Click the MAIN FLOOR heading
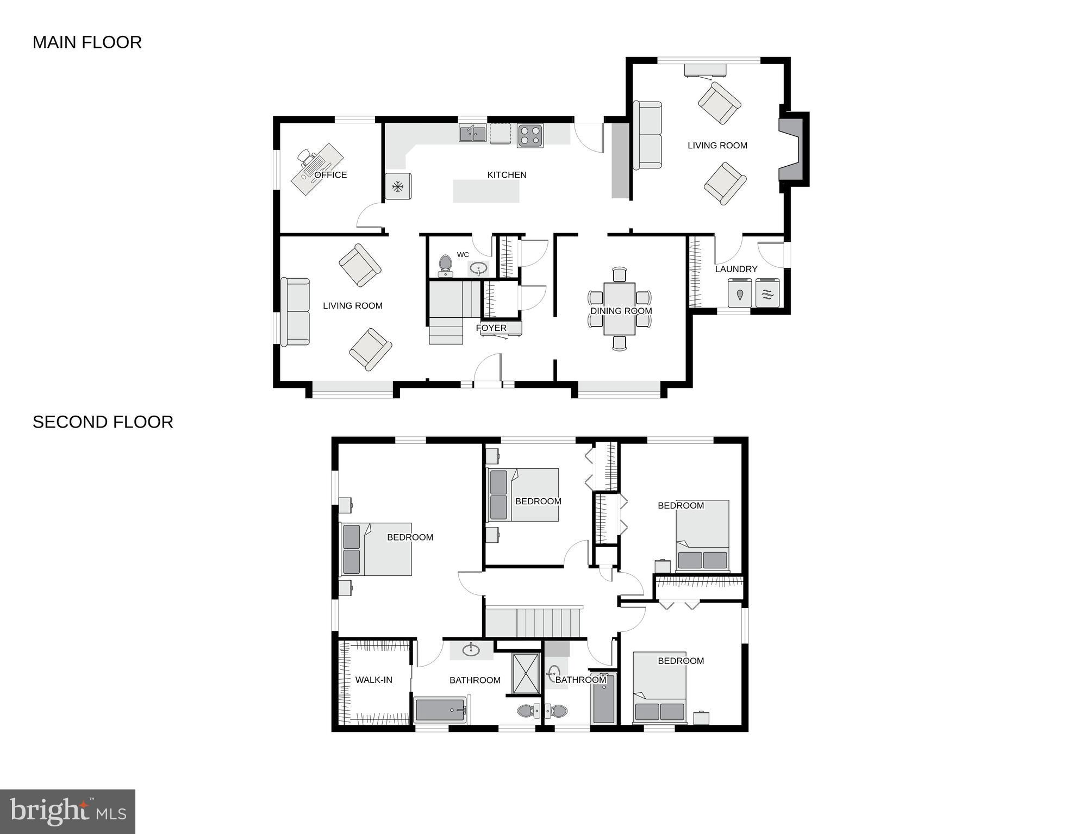pyautogui.click(x=87, y=42)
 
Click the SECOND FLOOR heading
pyautogui.click(x=103, y=422)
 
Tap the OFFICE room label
pyautogui.click(x=330, y=175)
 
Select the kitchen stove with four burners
pyautogui.click(x=530, y=136)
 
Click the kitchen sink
pyautogui.click(x=472, y=133)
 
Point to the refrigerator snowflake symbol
pyautogui.click(x=398, y=187)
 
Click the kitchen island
pyautogui.click(x=486, y=191)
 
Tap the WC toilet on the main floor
pyautogui.click(x=446, y=265)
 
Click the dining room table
pyautogui.click(x=619, y=308)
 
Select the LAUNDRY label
pyautogui.click(x=736, y=269)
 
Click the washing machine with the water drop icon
pyautogui.click(x=740, y=293)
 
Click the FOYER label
pyautogui.click(x=491, y=328)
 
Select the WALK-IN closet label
pyautogui.click(x=373, y=680)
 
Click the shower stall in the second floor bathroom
pyautogui.click(x=526, y=674)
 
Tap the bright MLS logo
pyautogui.click(x=67, y=812)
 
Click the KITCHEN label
pyautogui.click(x=507, y=175)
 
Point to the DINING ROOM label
pyautogui.click(x=621, y=311)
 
